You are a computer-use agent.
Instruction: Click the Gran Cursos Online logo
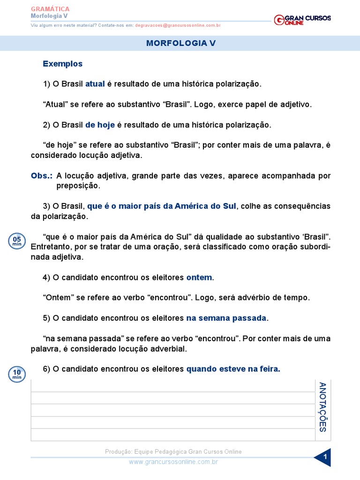point(302,20)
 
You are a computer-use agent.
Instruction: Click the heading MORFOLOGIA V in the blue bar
point(180,43)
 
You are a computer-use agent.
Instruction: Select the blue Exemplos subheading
point(62,64)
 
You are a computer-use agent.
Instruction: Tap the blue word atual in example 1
point(95,84)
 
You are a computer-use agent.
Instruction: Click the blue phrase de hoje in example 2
point(100,125)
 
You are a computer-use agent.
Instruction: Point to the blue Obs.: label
point(42,176)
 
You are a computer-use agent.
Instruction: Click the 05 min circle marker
point(17,241)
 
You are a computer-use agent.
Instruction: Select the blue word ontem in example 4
point(199,277)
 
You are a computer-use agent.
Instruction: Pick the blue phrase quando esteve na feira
point(233,369)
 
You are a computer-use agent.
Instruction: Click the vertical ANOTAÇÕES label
point(322,407)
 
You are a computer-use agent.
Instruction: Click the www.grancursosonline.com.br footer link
point(173,462)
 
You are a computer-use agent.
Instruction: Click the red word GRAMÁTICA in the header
point(50,9)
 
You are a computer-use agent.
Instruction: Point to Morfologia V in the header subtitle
point(49,16)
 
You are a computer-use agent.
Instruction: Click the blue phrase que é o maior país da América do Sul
point(162,206)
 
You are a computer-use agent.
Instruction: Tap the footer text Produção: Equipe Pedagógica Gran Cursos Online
point(173,451)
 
